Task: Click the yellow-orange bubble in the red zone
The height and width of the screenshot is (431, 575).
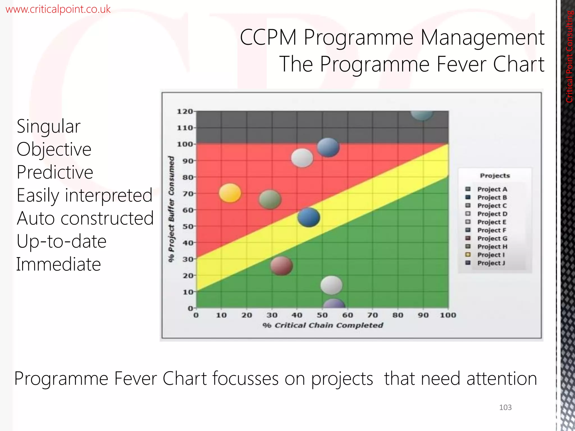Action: [230, 193]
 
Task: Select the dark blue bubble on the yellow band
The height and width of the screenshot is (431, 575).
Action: [309, 217]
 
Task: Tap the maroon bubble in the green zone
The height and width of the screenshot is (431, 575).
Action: [281, 266]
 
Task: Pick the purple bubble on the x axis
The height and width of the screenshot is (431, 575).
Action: [334, 304]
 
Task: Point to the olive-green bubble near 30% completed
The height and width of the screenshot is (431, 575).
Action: [270, 199]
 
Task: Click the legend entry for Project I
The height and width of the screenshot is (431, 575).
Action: [491, 255]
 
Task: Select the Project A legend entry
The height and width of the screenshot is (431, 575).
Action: [492, 189]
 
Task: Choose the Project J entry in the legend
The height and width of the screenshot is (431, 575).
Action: [491, 263]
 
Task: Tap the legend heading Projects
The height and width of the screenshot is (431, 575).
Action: [495, 176]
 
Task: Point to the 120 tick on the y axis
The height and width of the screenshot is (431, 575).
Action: [185, 111]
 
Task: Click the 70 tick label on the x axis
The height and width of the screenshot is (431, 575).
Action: [373, 315]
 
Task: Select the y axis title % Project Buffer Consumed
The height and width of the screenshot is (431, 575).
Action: [171, 209]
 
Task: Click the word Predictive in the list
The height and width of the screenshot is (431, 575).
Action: [55, 172]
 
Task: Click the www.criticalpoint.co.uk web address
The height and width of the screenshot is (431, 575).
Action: [58, 9]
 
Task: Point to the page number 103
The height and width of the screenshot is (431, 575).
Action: [505, 407]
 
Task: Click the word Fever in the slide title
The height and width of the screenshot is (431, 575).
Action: [462, 64]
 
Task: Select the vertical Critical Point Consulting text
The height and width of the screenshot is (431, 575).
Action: [569, 56]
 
